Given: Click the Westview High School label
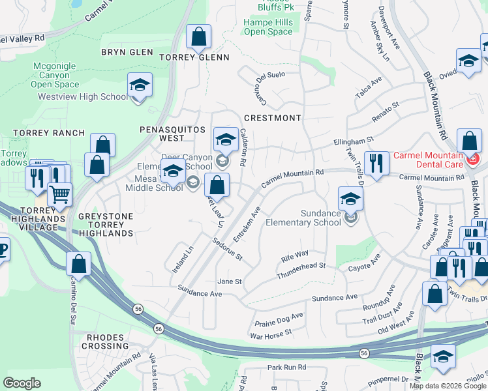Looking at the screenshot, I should click(x=83, y=97).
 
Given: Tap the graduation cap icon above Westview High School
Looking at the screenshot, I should click(x=139, y=86).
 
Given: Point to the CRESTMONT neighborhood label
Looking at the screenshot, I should click(x=272, y=118).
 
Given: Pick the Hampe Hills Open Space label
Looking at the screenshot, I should click(x=268, y=27).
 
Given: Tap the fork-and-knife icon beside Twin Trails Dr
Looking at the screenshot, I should click(x=375, y=163).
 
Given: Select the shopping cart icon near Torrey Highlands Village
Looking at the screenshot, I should click(x=60, y=194).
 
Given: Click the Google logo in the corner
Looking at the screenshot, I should click(x=22, y=383).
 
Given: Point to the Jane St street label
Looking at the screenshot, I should click(x=230, y=282).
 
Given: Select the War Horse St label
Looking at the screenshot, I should click(x=271, y=334).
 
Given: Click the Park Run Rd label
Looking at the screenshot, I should click(x=286, y=368).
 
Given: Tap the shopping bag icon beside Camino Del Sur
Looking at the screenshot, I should click(x=78, y=264).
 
